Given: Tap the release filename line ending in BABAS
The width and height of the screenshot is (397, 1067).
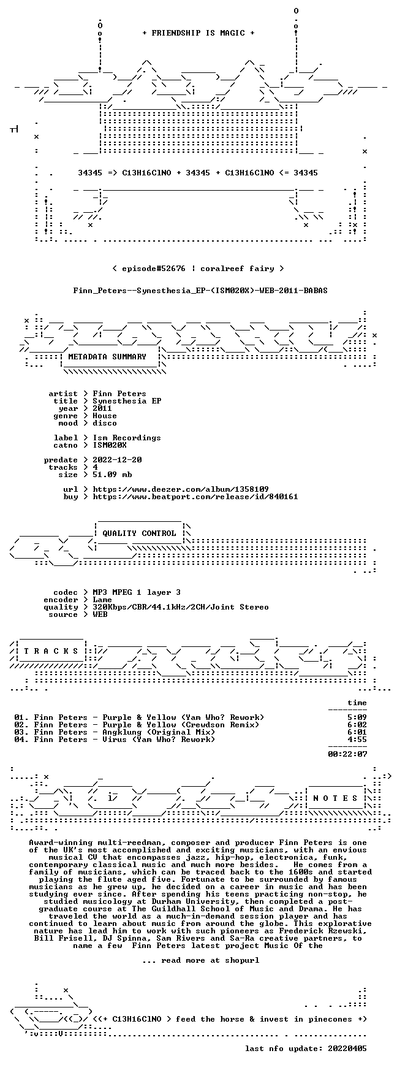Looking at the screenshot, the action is pos(200,291).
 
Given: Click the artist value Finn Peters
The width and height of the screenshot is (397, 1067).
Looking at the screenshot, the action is pos(119,394).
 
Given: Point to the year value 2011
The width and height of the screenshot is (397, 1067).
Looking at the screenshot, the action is pos(102,408).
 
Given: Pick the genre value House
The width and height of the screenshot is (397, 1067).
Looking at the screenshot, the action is pos(105,416).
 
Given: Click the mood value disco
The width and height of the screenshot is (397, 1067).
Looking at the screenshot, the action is pos(105,423).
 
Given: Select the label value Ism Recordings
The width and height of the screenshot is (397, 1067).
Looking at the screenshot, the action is pos(127,438).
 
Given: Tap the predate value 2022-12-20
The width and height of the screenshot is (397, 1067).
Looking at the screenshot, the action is pos(117,460).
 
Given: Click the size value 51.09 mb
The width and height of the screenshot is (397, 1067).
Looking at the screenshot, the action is pos(112,475).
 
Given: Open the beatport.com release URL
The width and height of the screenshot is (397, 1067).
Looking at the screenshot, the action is pos(195,497).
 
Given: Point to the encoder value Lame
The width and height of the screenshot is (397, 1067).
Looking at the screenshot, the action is pos(102,600).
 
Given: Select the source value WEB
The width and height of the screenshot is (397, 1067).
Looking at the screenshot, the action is pos(100,614).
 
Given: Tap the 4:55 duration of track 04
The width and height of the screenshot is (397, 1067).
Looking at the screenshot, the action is pos(357,740).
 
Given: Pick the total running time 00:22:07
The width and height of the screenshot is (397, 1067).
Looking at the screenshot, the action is pos(347,754).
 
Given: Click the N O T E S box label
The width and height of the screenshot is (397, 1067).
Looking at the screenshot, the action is pos(335,798).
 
